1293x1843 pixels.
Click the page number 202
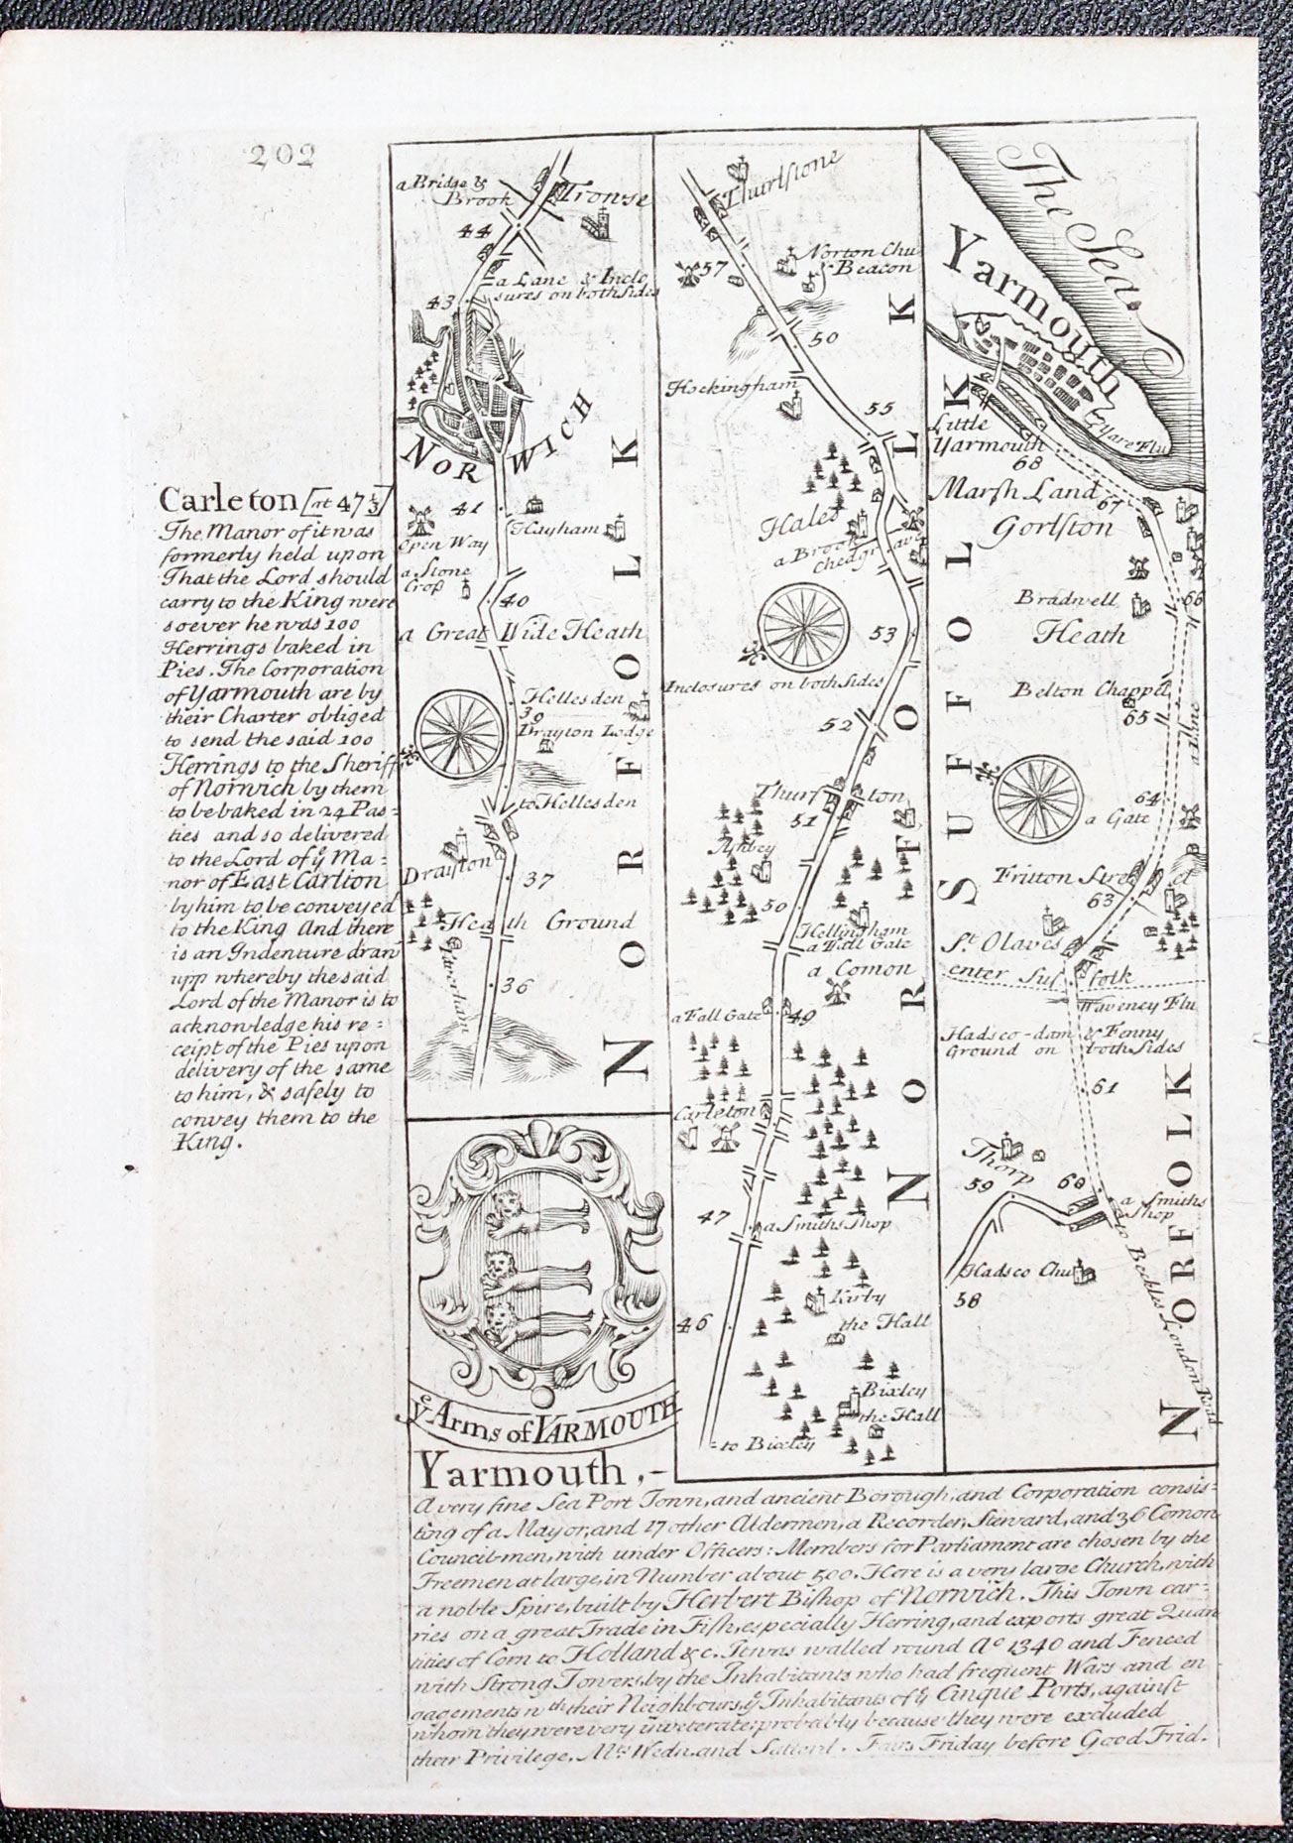(281, 155)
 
